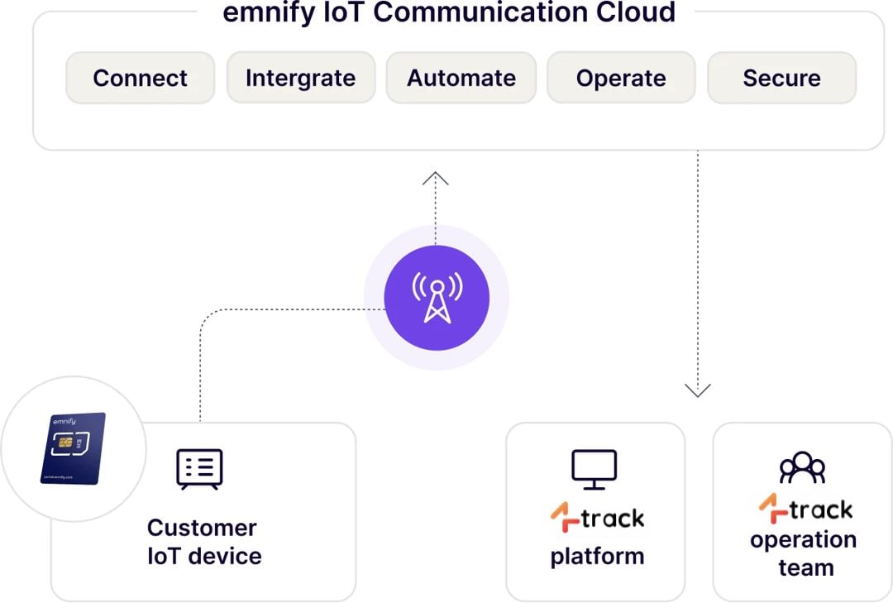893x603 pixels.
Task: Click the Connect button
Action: [140, 78]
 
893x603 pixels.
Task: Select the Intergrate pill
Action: [300, 78]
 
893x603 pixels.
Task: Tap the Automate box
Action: [461, 78]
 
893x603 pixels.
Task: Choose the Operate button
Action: [621, 78]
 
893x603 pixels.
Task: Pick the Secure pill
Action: [781, 78]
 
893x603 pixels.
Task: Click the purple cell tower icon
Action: [437, 298]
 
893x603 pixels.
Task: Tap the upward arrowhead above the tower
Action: [436, 178]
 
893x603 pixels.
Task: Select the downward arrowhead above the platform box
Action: [698, 390]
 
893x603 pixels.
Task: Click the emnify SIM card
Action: [73, 447]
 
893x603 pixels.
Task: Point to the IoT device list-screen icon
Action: [199, 469]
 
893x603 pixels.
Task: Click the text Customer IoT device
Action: [203, 541]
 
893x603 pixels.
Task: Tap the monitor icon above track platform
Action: [594, 469]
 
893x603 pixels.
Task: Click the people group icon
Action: [802, 468]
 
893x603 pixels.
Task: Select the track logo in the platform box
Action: [597, 519]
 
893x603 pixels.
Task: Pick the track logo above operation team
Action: [805, 509]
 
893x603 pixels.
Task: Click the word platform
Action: [597, 556]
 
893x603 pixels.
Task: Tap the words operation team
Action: [803, 553]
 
